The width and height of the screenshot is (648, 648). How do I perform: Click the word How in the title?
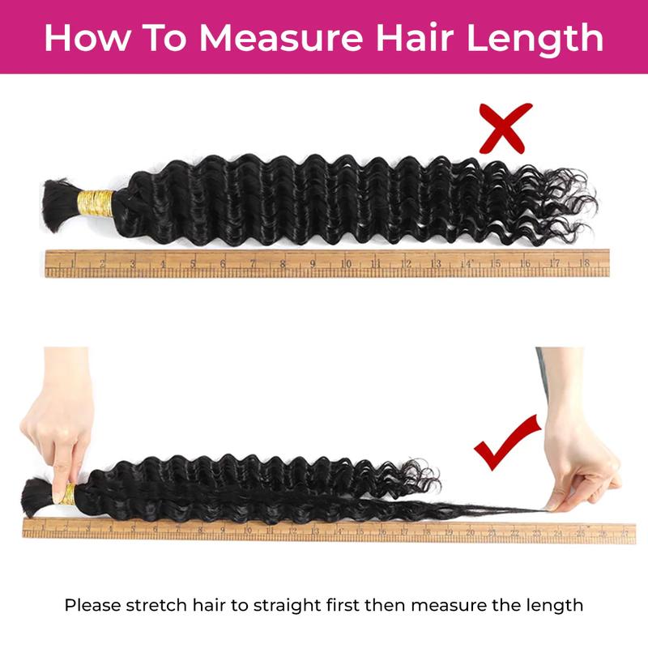79,38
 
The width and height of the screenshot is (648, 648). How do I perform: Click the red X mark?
505,128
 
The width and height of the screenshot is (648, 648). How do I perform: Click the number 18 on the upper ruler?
584,262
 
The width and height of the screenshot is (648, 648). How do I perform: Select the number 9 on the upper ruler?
313,262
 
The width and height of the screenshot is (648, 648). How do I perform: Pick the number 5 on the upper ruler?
193,262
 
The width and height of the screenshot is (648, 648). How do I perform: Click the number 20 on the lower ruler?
470,532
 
